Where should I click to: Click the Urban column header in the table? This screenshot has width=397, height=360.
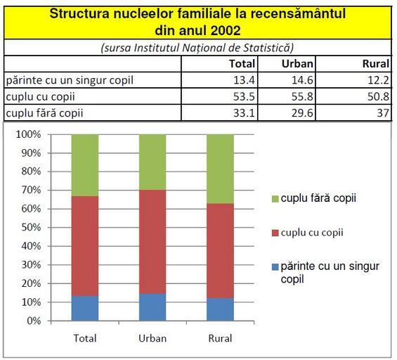pos(297,64)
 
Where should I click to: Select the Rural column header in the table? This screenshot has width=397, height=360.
pos(376,64)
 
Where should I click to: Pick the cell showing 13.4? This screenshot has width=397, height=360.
pos(244,80)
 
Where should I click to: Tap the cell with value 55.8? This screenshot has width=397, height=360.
pos(302,96)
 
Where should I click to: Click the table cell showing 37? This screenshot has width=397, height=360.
pos(383,113)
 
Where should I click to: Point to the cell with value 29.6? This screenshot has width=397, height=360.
pos(302,113)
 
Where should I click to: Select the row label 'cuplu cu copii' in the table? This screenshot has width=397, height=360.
pos(41,97)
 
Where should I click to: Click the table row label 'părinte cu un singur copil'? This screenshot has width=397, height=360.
pos(70,81)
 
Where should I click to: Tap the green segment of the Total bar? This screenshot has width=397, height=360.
pos(85,165)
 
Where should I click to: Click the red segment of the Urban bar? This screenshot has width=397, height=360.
pos(152,242)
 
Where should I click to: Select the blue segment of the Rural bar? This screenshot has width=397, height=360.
pos(220,309)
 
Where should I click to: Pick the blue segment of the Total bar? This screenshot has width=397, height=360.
pos(85,309)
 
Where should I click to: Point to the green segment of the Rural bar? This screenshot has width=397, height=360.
pos(220,169)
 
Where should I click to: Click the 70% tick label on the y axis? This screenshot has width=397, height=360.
pos(31,190)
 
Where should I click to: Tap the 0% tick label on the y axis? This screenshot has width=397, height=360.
pos(34,321)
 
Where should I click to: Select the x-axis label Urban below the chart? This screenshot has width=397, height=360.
pos(152,338)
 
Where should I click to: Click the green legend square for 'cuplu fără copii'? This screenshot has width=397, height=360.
pos(275,199)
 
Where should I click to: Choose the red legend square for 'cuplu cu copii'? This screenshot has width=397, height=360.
pos(275,233)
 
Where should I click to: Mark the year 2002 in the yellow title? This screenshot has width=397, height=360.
pos(226,31)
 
